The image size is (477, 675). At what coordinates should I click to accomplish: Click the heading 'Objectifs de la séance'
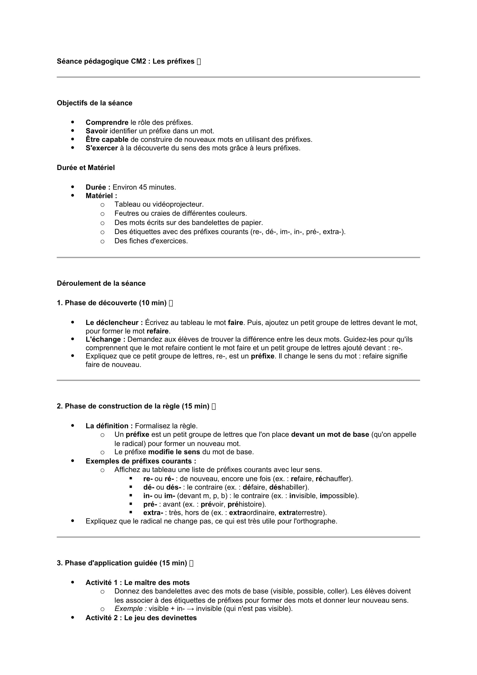pos(94,103)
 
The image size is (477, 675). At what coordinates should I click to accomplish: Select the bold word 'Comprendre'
pos(107,122)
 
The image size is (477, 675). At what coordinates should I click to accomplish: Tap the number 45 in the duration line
pos(143,187)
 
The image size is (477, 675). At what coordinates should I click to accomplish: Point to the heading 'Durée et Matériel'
pos(85,168)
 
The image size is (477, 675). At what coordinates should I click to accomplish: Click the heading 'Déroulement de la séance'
pos(101,283)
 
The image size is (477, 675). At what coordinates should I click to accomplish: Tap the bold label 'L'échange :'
pos(106,339)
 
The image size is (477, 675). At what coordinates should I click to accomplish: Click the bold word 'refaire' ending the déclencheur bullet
pos(158,331)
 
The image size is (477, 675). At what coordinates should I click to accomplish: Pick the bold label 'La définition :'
pos(109,426)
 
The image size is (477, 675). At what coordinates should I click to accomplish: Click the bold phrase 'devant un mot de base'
pos(330,435)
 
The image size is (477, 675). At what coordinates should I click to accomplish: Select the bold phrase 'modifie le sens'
pos(174,452)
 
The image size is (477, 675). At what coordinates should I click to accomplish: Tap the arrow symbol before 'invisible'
pos(190,609)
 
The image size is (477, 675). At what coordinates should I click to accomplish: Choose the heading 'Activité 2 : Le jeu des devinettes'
pos(141,618)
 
